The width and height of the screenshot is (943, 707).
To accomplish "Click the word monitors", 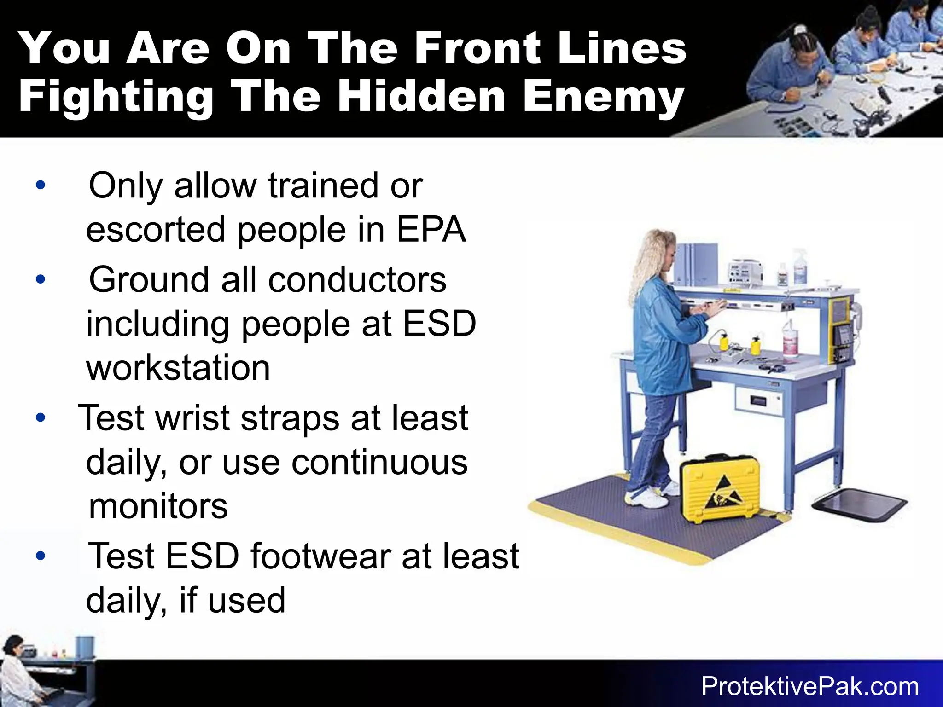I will click(x=158, y=506).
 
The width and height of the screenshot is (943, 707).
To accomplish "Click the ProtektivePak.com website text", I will click(x=810, y=687).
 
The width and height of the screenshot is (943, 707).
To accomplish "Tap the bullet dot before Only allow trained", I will click(x=41, y=185).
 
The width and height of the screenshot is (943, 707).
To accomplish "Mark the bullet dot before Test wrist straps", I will click(x=41, y=418).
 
